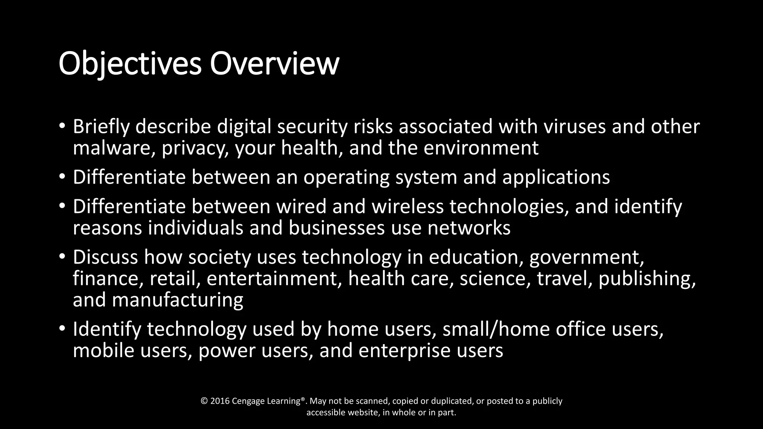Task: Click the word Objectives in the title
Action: (x=130, y=64)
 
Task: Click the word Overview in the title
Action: (x=274, y=64)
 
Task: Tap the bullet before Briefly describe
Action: (x=62, y=126)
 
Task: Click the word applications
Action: (x=556, y=177)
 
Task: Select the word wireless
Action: (x=408, y=207)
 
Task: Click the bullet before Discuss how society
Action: (x=62, y=257)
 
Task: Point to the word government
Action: (x=586, y=258)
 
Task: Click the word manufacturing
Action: (x=177, y=300)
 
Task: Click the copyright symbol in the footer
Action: (x=204, y=401)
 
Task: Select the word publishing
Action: (x=647, y=279)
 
